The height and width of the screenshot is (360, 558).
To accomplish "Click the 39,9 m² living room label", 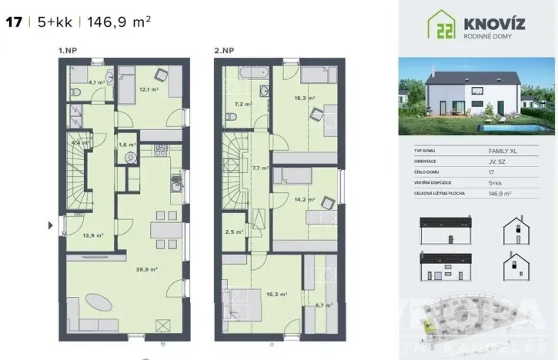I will coord(148,270).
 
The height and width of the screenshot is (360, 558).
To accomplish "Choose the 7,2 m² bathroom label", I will coord(242,103).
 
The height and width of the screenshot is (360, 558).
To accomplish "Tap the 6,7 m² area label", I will coord(324,305).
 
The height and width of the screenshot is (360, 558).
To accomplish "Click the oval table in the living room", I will coord(102,300).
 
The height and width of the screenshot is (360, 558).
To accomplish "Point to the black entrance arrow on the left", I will coord(52,225).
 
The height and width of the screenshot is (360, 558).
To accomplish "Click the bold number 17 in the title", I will coord(13,22).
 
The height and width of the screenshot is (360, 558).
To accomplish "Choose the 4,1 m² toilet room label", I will coord(96,82).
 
